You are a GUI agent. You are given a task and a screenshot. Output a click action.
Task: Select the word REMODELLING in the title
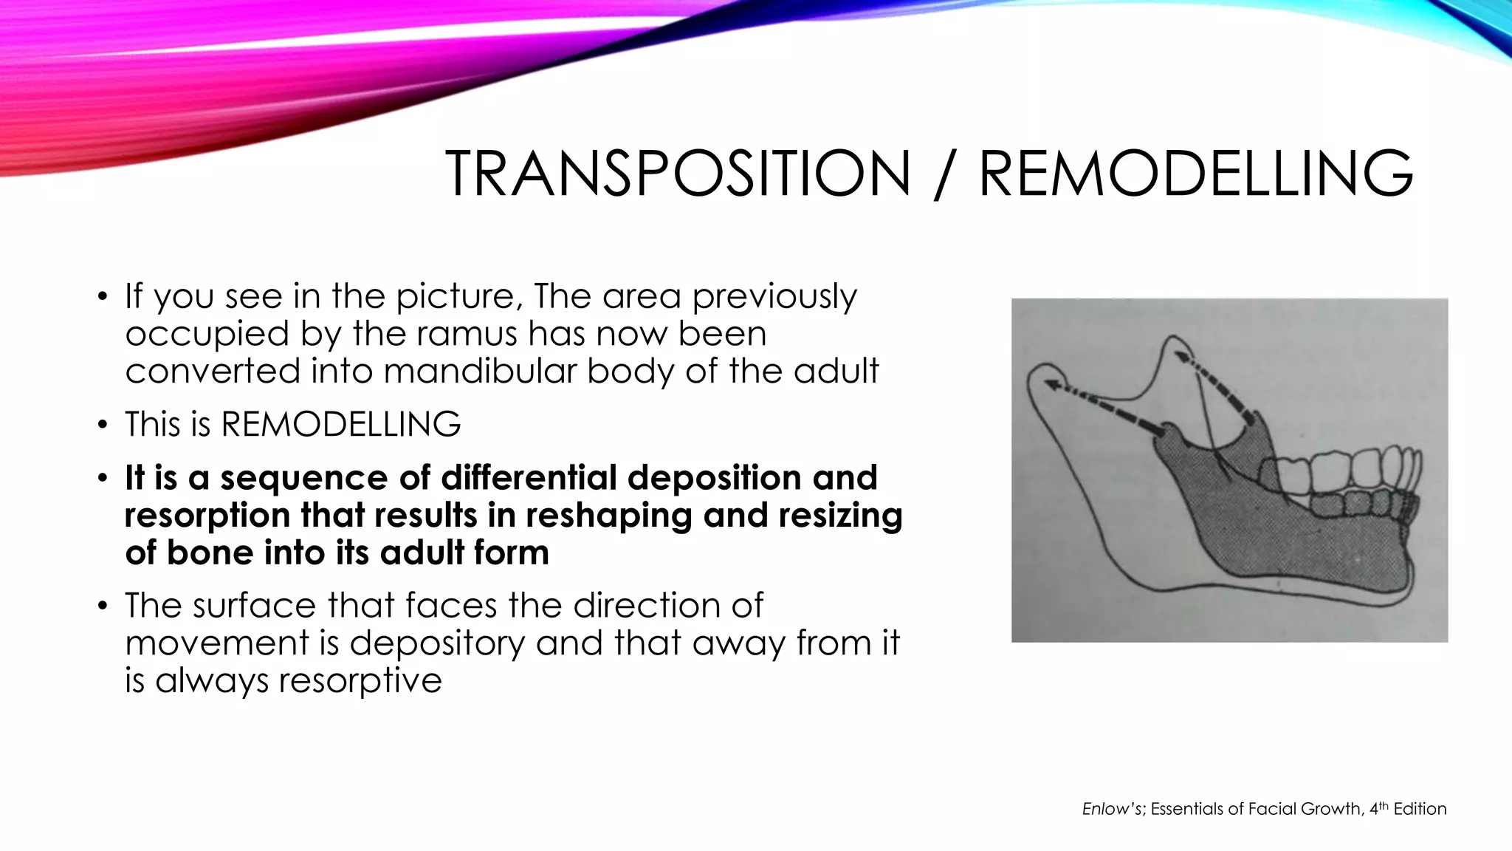1195,174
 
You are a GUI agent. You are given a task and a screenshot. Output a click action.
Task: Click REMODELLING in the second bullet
340,425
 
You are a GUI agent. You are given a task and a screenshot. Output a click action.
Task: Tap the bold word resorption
207,516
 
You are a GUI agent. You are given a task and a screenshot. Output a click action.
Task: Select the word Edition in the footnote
1420,809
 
